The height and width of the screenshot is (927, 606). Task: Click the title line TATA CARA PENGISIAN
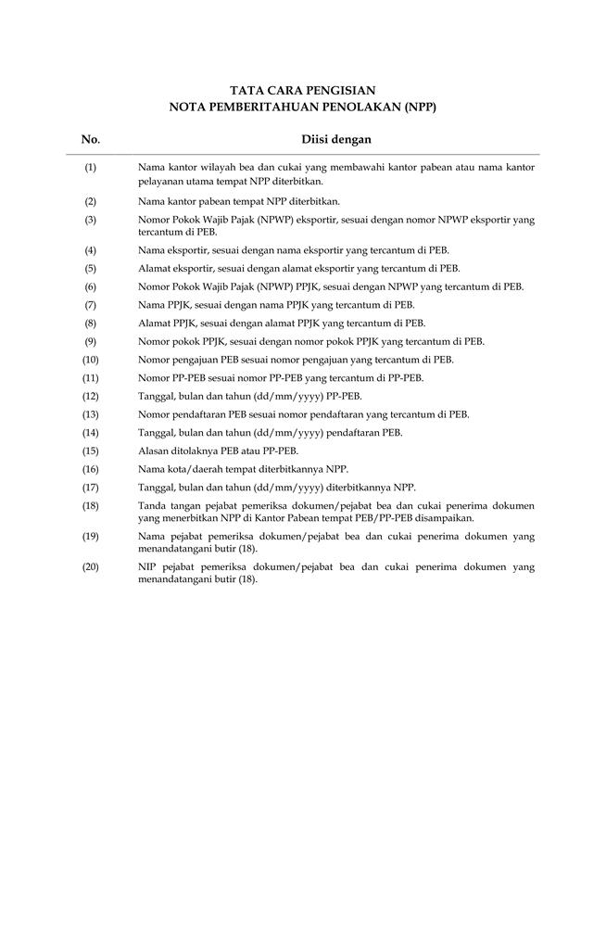point(302,91)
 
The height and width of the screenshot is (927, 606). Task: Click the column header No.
point(91,140)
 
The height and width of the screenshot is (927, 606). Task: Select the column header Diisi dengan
point(336,140)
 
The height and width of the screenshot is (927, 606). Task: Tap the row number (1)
point(91,167)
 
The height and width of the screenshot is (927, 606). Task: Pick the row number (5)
point(91,268)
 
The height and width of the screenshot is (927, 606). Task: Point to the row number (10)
point(91,360)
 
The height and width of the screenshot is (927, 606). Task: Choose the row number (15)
point(91,451)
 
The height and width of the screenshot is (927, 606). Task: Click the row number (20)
point(91,565)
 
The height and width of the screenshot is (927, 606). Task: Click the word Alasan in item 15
point(153,451)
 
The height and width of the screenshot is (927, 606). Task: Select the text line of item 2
point(239,201)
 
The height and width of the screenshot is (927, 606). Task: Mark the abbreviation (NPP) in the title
point(413,108)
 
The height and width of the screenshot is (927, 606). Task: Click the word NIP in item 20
point(146,565)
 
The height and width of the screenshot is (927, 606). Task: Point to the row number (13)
point(91,414)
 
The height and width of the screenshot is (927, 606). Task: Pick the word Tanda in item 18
point(152,506)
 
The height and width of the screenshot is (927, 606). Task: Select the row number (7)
point(91,305)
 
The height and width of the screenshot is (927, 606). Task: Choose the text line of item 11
point(281,378)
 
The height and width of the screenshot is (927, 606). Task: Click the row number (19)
point(91,537)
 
